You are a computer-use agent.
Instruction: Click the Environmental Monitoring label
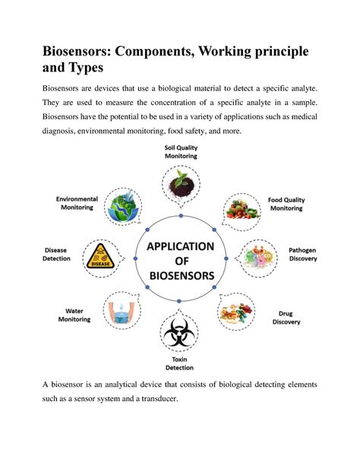[75, 202]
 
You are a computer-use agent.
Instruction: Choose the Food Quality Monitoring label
[286, 203]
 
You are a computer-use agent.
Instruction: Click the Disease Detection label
[57, 254]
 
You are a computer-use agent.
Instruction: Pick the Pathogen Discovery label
[302, 254]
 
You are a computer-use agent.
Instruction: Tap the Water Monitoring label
[74, 315]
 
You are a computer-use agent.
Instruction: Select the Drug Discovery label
[286, 317]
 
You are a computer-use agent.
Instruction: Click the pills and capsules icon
[238, 311]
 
